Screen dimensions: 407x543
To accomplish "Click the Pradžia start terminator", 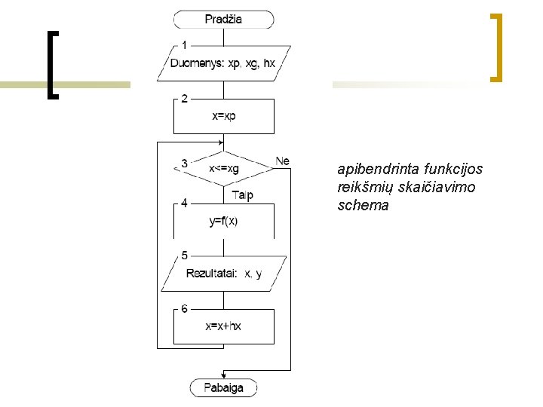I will coord(223,19).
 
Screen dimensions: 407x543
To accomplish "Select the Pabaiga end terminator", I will coord(223,388).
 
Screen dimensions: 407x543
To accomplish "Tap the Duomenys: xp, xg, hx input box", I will coord(223,63).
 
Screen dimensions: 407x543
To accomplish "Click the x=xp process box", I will coord(223,116).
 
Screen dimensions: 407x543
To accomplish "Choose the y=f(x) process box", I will coord(223,221).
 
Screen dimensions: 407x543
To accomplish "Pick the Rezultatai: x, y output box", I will coord(223,274).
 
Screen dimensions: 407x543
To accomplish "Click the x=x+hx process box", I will coord(223,326).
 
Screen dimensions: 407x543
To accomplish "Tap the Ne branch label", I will coord(282,161).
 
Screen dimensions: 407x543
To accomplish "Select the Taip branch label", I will coord(243,196).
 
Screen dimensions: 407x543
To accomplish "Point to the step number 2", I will coord(185,98).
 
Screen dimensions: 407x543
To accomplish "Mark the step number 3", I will coord(185,163).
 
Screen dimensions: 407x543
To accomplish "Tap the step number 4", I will coord(185,202).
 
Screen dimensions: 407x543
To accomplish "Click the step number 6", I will coord(185,308).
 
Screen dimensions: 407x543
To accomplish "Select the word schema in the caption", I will coord(364,205).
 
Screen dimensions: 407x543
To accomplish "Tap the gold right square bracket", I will coord(496,47).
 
